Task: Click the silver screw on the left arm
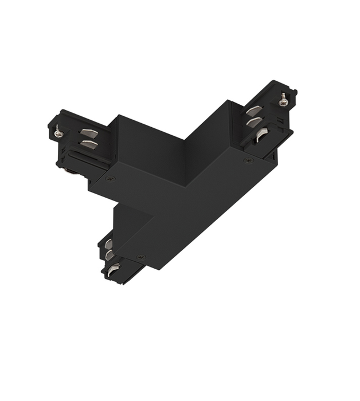pyautogui.click(x=58, y=133)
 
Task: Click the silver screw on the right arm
pyautogui.click(x=283, y=101)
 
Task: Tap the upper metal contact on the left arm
pyautogui.click(x=87, y=133)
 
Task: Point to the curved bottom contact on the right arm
pyautogui.click(x=262, y=136)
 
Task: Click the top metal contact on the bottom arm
pyautogui.click(x=108, y=244)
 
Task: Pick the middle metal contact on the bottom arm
pyautogui.click(x=109, y=254)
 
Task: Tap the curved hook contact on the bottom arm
pyautogui.click(x=114, y=267)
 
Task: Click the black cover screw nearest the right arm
pyautogui.click(x=248, y=161)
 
